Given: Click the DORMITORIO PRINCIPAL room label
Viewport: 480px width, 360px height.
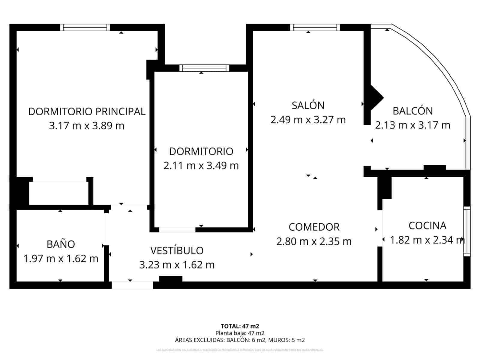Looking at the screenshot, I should pos(87,111).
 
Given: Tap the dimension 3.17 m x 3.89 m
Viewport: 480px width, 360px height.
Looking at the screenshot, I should pos(87,126).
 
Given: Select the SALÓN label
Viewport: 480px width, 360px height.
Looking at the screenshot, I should pos(308,105).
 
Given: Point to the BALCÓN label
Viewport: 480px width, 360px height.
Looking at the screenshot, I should pos(412,111).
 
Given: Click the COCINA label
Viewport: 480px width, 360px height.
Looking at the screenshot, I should pos(427,225).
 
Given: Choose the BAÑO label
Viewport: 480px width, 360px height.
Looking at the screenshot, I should pos(61,244).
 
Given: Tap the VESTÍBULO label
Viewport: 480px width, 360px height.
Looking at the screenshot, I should pos(177,250).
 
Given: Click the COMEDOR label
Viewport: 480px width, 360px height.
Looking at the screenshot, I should pos(314,227).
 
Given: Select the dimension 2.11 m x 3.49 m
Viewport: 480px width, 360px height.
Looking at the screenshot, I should pos(201,165).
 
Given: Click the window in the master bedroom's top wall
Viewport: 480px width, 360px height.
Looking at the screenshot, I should pos(85,28).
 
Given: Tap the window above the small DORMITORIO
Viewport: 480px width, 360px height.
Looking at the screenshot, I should pos(204,68).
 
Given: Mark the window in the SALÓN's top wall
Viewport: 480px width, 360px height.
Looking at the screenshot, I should pos(315,28).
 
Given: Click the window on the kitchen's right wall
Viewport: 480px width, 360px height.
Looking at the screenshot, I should pos(467,231).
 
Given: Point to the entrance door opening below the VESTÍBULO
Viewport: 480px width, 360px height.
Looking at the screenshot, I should pos(132,285).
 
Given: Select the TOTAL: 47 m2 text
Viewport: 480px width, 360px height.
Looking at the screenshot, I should pos(240,326).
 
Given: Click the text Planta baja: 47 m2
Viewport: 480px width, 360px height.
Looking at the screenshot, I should pos(240,333).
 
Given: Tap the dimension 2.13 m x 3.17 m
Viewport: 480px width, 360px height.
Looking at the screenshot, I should pos(412,125).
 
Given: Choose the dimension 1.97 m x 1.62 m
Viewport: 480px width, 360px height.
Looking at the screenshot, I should pos(61,258).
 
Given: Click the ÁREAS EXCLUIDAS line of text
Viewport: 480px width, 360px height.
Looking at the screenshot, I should pos(240,340).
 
